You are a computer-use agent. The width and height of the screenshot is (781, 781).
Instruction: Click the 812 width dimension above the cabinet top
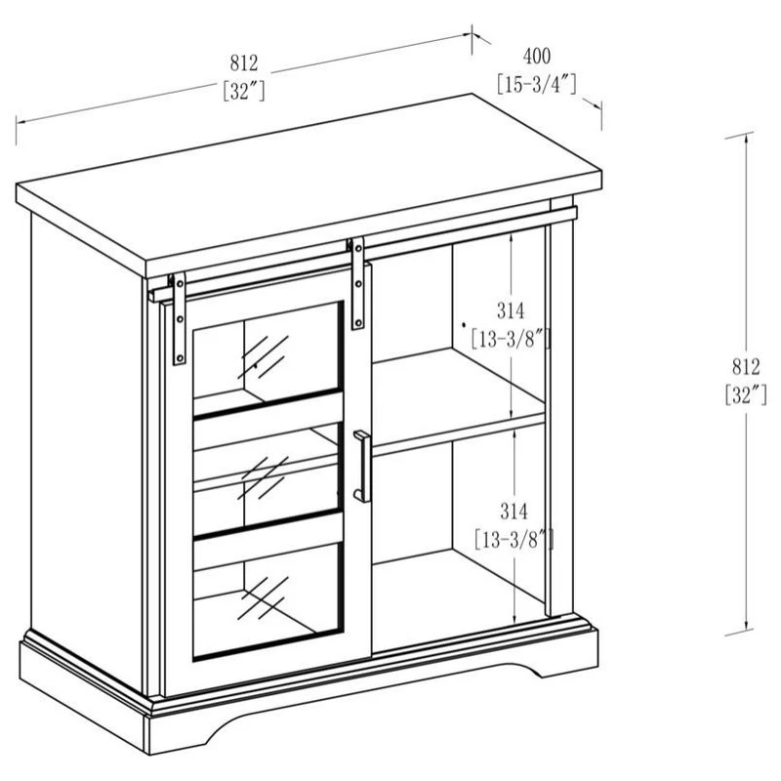coord(244,63)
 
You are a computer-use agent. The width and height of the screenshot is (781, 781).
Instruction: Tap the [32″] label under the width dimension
coord(244,91)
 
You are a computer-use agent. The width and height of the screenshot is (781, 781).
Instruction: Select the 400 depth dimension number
coord(537,57)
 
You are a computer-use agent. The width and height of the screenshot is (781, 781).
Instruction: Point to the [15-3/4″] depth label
coord(537,84)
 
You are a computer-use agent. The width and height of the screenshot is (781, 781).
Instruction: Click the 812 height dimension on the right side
coord(746,367)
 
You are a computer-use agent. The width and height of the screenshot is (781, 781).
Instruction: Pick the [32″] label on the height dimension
coord(746,395)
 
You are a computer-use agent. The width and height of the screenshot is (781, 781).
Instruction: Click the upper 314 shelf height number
coord(511,310)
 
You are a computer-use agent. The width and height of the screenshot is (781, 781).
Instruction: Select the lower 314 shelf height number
coord(514,511)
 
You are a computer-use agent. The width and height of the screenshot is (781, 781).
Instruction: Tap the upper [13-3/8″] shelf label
coord(511,339)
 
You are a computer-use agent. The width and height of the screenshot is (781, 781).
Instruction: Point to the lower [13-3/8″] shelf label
coord(514,540)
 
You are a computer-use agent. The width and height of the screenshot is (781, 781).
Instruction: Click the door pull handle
coord(362,467)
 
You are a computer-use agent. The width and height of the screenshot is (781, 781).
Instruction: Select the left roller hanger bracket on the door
coord(179,319)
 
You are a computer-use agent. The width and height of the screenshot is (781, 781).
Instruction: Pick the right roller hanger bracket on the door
coord(357,283)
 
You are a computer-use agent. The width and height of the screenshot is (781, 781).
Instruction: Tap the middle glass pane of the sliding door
coord(267,473)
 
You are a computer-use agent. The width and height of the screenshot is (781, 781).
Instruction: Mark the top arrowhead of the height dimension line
coord(746,141)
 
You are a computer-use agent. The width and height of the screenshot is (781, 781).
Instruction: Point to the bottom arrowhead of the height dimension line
coord(746,626)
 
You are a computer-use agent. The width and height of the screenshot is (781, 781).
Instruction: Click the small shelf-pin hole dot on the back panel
coord(464,325)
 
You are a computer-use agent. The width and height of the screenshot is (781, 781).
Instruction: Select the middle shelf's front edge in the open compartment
coord(458,434)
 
